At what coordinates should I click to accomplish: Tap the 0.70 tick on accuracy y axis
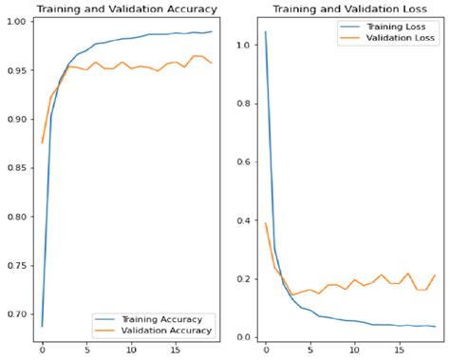(x=19, y=314)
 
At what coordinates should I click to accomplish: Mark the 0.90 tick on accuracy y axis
(x=19, y=119)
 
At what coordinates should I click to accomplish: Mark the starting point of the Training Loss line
(x=265, y=32)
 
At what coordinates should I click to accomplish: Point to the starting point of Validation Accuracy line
(x=43, y=142)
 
